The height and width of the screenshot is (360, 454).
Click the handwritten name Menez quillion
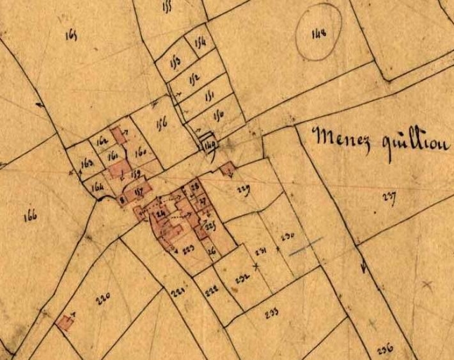(x=382, y=140)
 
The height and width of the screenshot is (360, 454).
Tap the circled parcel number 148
(x=318, y=32)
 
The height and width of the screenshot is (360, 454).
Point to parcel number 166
(x=30, y=217)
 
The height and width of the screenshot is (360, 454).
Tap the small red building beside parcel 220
(x=65, y=322)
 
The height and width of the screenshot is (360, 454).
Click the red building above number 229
(x=227, y=169)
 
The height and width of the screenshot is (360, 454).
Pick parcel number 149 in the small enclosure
(x=209, y=145)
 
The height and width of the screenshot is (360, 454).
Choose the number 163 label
(x=88, y=164)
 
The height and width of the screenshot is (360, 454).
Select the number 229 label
(x=243, y=188)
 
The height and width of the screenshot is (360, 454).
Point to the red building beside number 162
(x=119, y=134)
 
